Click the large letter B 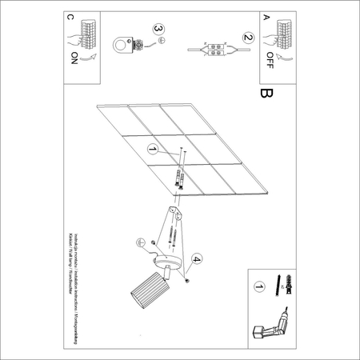click(x=266, y=94)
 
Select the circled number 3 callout click(x=159, y=32)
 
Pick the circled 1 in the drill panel click(x=258, y=286)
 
